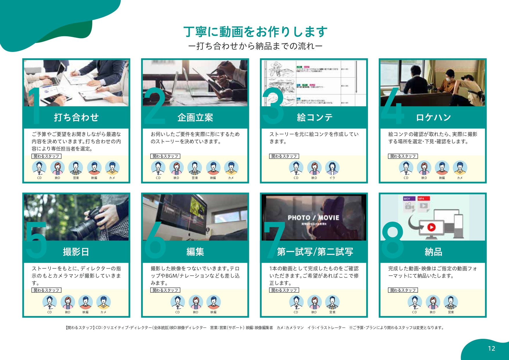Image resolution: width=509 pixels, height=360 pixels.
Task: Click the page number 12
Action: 491,348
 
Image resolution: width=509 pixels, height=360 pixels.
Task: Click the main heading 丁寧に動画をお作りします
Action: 255,32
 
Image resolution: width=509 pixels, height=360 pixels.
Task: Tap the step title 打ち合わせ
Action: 76,117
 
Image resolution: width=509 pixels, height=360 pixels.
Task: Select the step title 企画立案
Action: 195,117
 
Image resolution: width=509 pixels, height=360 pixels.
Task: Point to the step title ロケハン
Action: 433,117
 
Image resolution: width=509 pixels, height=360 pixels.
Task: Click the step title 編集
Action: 195,252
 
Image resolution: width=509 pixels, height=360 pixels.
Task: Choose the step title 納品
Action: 433,252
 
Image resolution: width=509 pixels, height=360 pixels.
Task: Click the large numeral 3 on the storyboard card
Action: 273,106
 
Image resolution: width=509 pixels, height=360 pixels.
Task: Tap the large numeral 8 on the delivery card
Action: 393,240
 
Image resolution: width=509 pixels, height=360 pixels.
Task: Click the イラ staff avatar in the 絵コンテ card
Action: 332,168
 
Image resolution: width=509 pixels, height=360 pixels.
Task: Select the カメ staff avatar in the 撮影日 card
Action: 103,302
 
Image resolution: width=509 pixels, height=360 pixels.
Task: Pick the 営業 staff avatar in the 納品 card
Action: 451,302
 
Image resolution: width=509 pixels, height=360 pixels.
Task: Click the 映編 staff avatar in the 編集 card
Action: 214,302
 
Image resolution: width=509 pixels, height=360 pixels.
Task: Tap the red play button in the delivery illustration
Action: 431,227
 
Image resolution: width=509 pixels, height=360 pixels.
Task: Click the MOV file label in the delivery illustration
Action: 407,199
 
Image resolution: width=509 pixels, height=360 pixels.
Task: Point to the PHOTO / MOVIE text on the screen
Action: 313,218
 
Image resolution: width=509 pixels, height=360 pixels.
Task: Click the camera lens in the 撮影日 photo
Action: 83,229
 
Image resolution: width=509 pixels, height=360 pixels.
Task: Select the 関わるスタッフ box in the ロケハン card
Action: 403,156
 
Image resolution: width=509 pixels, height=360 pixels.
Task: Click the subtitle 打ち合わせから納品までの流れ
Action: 255,46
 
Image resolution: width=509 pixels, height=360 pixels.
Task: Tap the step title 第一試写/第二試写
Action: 315,252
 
